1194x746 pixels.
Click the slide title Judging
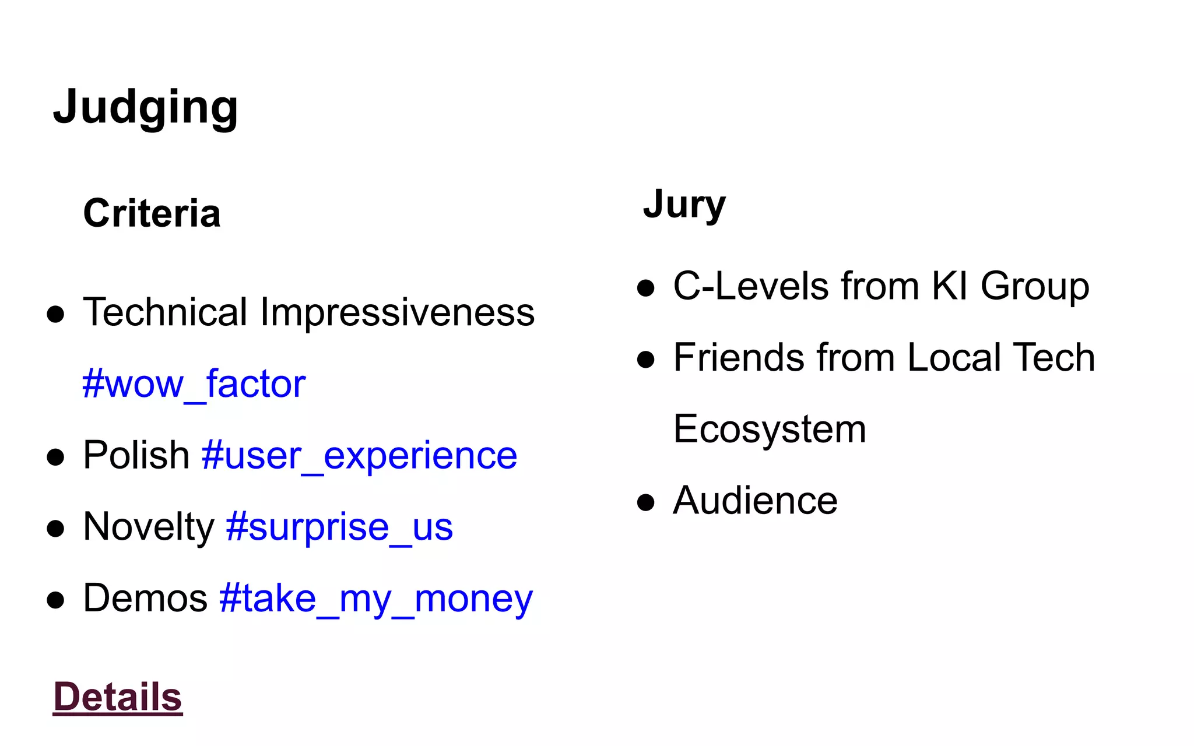pos(145,107)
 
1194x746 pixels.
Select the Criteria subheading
pos(152,213)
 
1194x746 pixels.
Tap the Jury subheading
pos(684,205)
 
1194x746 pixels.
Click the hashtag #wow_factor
pos(194,384)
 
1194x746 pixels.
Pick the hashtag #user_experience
pos(359,455)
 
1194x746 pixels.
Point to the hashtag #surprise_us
pos(339,527)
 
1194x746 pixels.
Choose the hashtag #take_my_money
pos(376,599)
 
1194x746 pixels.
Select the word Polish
pos(136,455)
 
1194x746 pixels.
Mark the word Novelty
pos(149,527)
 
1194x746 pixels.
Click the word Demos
pos(145,599)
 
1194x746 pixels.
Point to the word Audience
pos(755,501)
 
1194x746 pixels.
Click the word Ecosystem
pos(770,430)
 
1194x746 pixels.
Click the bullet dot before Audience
pos(646,502)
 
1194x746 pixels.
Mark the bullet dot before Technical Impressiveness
pos(55,314)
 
